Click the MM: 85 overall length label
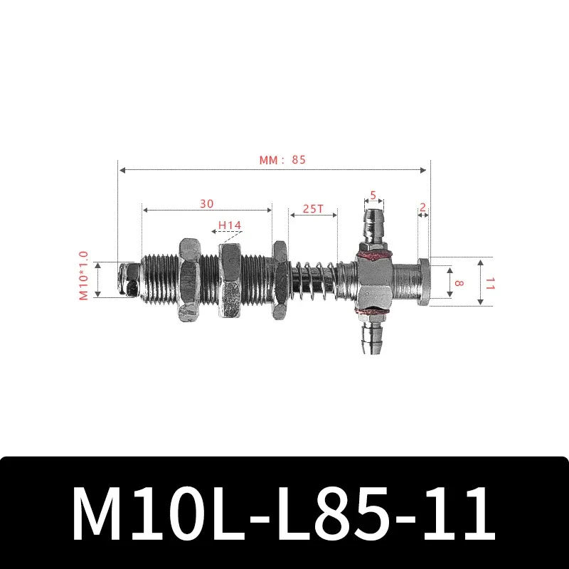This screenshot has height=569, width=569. (282, 160)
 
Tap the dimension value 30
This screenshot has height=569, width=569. (206, 203)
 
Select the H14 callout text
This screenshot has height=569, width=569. (230, 225)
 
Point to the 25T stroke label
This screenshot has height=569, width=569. (313, 208)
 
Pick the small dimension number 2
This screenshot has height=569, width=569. (423, 207)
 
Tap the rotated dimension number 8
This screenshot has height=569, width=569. (459, 282)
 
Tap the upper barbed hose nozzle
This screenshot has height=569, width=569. (373, 225)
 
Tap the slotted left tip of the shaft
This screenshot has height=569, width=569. (129, 279)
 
